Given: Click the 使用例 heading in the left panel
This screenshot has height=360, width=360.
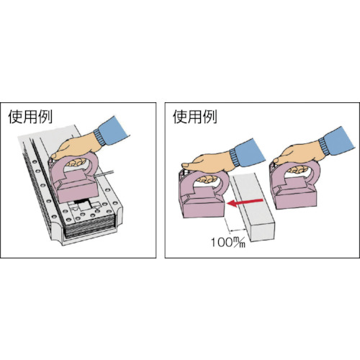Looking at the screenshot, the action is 30,117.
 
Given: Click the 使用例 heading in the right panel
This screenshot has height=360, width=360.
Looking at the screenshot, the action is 195,117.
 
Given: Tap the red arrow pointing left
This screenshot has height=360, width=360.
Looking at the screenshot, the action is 245,202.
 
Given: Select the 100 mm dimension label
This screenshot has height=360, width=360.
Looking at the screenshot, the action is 228,242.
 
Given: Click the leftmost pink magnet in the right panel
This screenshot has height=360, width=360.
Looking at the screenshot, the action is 204,194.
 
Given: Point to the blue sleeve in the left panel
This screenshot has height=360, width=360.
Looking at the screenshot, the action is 112,132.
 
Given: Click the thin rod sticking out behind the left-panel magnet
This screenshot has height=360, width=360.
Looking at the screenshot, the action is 104,174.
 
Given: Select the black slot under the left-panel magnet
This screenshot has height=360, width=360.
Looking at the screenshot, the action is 81,201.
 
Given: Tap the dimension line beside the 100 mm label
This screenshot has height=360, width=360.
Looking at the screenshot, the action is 238,230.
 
